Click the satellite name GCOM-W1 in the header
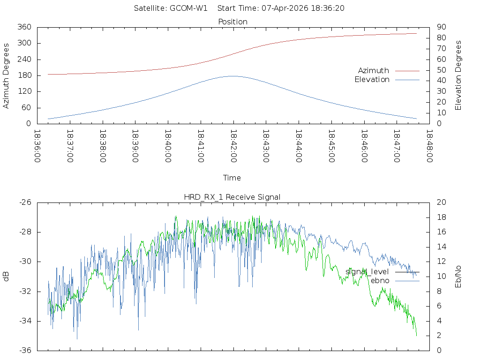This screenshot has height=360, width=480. pyautogui.click(x=188, y=8)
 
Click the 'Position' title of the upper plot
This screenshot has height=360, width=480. pyautogui.click(x=233, y=22)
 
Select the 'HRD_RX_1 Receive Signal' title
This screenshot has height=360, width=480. pyautogui.click(x=232, y=197)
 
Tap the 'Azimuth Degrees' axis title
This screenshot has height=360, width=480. pyautogui.click(x=7, y=75)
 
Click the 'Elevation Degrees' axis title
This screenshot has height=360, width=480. pyautogui.click(x=458, y=75)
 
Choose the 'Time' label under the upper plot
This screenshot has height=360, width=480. pyautogui.click(x=232, y=178)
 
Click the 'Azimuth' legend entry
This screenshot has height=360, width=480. pyautogui.click(x=374, y=70)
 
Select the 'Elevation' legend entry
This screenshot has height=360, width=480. pyautogui.click(x=372, y=80)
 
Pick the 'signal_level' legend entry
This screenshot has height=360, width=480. pyautogui.click(x=367, y=272)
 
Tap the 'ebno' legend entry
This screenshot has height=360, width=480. pyautogui.click(x=380, y=280)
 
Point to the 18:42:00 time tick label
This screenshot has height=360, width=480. pyautogui.click(x=233, y=146)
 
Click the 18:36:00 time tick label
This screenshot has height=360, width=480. pyautogui.click(x=37, y=146)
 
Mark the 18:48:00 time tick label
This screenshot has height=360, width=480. pyautogui.click(x=429, y=146)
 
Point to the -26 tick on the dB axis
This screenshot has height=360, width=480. pyautogui.click(x=25, y=202)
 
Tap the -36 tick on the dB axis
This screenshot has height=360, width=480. pyautogui.click(x=25, y=350)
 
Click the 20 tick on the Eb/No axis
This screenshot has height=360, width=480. pyautogui.click(x=441, y=202)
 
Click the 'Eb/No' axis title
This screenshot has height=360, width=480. pyautogui.click(x=458, y=277)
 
